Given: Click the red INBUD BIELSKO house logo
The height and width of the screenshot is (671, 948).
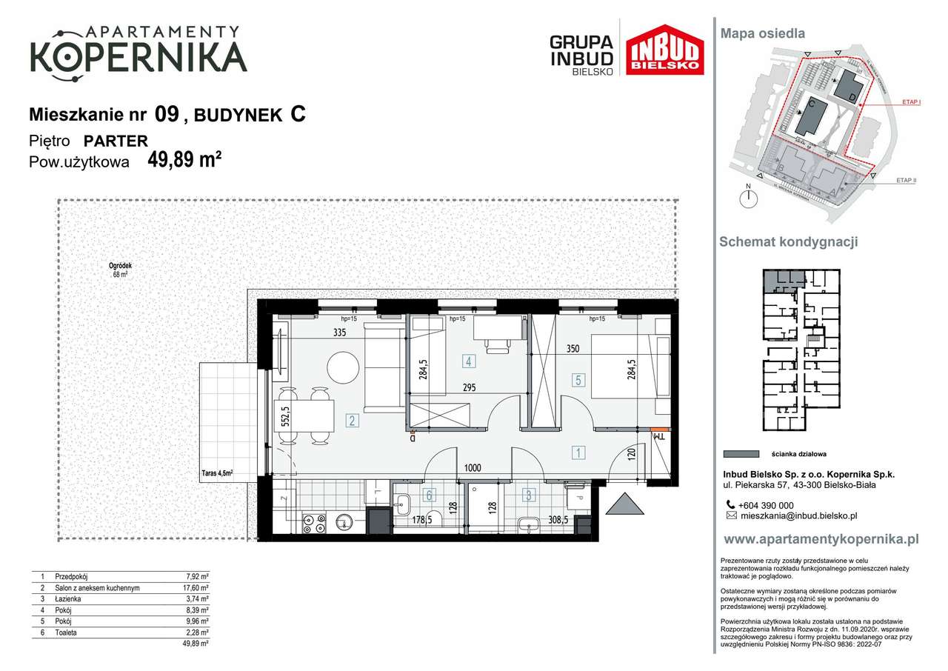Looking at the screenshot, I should pos(664,50).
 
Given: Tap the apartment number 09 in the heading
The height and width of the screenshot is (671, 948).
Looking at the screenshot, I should pos(167,114).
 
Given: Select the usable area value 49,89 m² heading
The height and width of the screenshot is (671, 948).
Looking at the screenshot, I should pos(185,160).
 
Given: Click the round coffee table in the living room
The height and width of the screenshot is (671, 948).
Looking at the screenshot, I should pos(343,367).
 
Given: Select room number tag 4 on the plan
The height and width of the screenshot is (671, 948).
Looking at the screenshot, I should pos(468,361).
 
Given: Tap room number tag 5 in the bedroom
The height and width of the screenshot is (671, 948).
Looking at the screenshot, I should pos(579,380).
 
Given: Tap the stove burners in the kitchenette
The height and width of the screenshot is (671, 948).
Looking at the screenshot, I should pos(314,523).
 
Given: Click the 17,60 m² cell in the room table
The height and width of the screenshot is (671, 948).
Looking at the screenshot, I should pos(196,588).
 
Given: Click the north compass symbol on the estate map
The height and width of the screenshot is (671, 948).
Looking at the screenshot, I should pos(750,197).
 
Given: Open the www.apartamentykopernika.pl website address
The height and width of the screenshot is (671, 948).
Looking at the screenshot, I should pos(821,539).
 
